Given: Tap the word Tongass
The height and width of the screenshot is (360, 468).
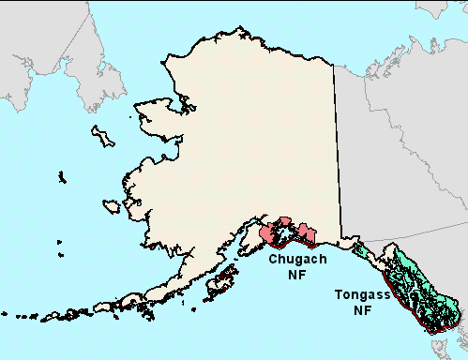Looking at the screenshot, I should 361,295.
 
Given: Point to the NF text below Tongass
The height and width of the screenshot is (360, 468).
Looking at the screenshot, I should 362,309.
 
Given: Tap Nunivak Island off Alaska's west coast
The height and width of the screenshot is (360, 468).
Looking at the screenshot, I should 112,205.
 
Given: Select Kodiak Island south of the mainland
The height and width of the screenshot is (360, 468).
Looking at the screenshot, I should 221,280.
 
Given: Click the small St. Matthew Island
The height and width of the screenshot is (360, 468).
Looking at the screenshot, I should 61,176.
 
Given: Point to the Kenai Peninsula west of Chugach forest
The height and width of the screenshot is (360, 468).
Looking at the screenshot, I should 254,240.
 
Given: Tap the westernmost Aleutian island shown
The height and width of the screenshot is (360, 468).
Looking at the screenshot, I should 8,315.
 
